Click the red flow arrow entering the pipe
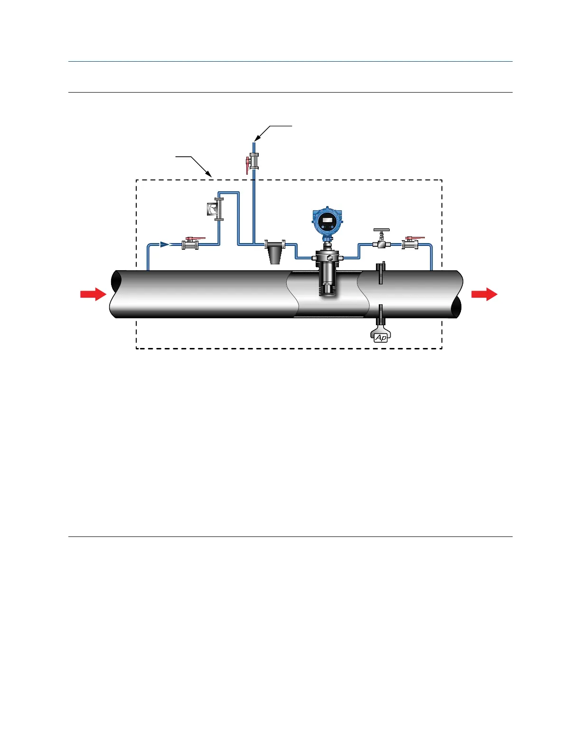(x=93, y=294)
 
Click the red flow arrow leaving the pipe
(x=484, y=294)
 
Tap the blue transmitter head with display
(x=327, y=221)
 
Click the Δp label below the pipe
(x=381, y=338)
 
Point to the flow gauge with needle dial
(x=212, y=209)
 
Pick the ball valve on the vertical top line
(x=254, y=162)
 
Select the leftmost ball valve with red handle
(x=190, y=244)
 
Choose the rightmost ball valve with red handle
(x=410, y=244)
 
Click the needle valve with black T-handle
(x=381, y=244)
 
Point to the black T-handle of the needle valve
(x=381, y=230)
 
